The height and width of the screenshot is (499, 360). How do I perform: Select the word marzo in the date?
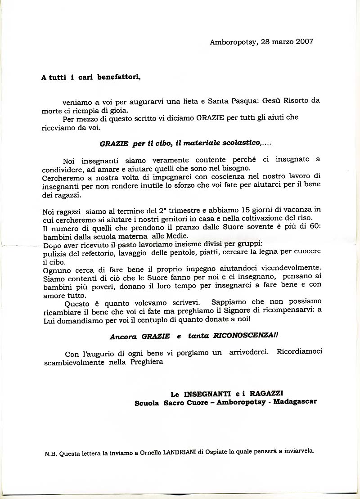click(x=281, y=41)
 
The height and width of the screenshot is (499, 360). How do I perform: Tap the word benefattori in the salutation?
click(x=119, y=77)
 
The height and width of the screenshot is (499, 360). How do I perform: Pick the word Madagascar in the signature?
click(x=295, y=402)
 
